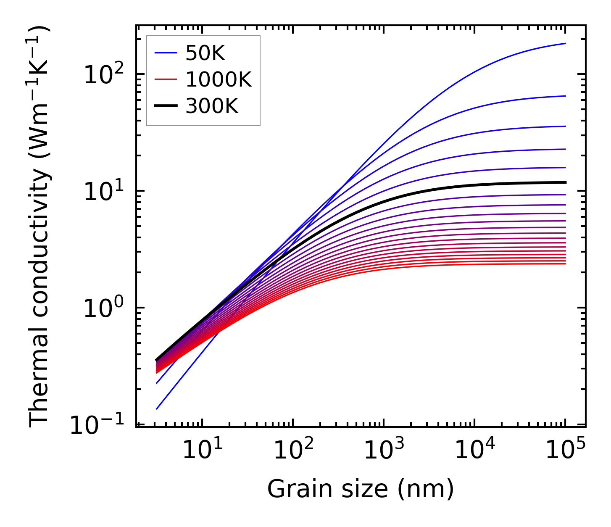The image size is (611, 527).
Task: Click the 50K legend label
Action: click(205, 53)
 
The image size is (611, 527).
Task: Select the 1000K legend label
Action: click(219, 80)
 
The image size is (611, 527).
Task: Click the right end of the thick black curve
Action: click(566, 182)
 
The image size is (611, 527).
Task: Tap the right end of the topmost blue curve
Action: click(566, 43)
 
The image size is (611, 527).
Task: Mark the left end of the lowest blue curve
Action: click(156, 409)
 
